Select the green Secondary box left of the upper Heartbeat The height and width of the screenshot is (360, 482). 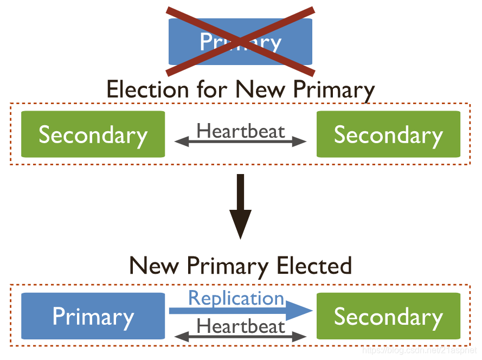pos(93,134)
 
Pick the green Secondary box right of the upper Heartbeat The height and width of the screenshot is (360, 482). pos(388,134)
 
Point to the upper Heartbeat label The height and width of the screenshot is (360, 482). pos(240,131)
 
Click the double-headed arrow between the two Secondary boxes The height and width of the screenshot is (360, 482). pos(240,142)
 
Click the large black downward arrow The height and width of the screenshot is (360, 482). pos(240,206)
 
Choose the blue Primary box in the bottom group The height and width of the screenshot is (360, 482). pos(93,316)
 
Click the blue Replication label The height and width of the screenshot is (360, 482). pos(236,298)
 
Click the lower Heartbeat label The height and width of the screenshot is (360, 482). pos(240,326)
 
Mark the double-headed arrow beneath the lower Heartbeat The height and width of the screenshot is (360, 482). pos(240,337)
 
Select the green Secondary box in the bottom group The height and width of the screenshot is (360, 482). pos(388,316)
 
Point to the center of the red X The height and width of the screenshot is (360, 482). pos(240,41)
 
